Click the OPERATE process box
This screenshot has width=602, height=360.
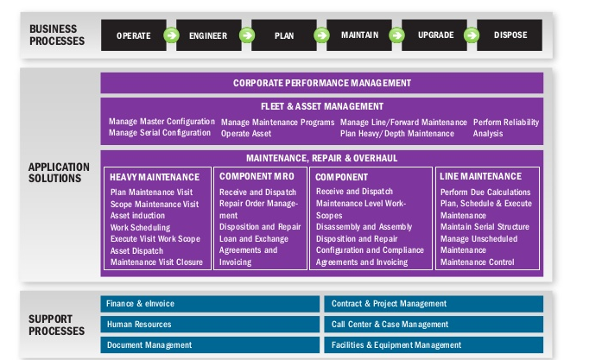[134, 35]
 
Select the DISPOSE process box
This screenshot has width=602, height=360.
[510, 35]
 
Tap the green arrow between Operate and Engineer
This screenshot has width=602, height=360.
[171, 35]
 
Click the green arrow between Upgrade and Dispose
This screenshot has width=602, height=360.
[472, 35]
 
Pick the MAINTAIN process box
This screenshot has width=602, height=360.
[359, 35]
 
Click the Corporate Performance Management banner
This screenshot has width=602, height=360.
[322, 83]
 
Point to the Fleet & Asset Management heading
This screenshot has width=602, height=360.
[322, 106]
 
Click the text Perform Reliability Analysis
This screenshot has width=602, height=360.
[505, 128]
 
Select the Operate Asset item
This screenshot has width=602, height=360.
[245, 134]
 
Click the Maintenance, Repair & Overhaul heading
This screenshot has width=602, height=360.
[322, 158]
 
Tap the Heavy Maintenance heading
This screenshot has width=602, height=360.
[155, 177]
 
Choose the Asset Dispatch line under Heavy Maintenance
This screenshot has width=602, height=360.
[136, 250]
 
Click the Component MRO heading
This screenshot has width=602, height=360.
[257, 176]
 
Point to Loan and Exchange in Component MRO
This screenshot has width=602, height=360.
[253, 239]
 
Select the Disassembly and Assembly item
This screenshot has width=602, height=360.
[364, 227]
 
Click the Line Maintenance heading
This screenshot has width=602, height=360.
[480, 176]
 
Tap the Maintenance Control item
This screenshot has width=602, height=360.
[477, 262]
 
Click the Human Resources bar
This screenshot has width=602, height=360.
[210, 325]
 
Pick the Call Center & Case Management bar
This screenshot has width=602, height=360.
[434, 325]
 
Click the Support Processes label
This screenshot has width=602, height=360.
[56, 325]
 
